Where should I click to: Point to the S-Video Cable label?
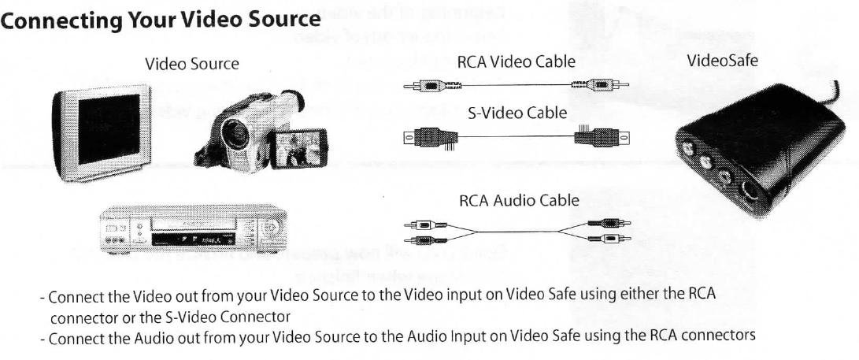pos(517,113)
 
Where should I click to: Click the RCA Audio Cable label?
pos(518,200)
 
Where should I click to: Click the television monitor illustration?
pos(101,135)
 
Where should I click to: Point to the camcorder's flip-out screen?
pos(297,147)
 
